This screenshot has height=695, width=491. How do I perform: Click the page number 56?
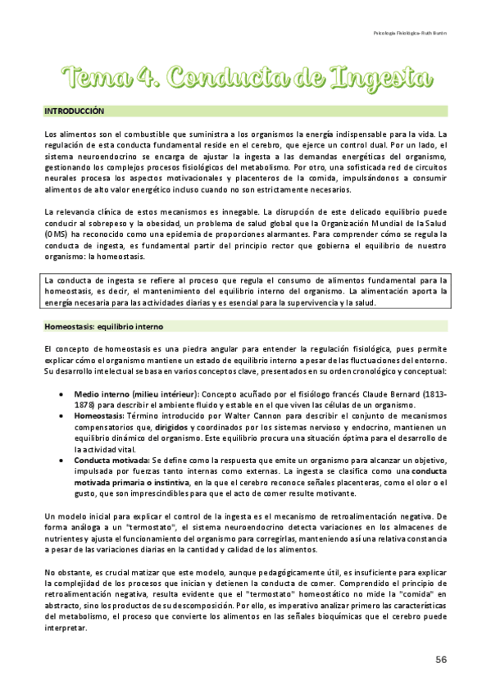[440, 660]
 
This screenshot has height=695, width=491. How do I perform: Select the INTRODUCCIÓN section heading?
[74, 110]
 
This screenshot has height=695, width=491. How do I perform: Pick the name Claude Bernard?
[393, 393]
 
